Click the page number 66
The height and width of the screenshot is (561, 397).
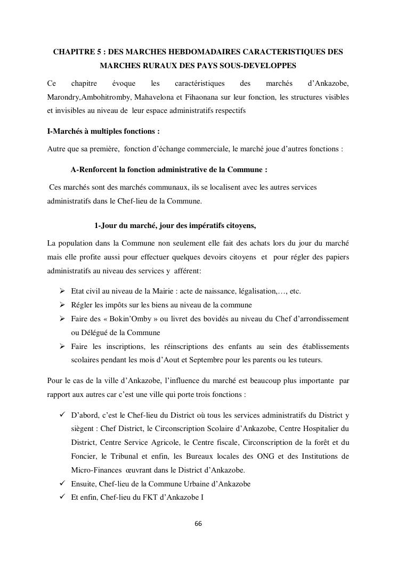[198, 523]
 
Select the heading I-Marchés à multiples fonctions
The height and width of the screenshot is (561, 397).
[103, 131]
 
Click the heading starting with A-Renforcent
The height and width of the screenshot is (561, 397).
[168, 170]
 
